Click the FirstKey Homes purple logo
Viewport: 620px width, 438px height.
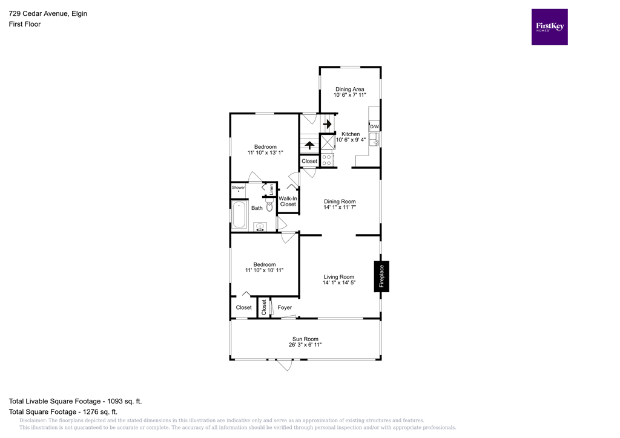pyautogui.click(x=549, y=27)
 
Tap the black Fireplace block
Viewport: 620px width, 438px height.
pyautogui.click(x=381, y=276)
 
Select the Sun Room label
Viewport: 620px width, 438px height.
pyautogui.click(x=305, y=339)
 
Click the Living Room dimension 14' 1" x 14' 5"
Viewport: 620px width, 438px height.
pyautogui.click(x=338, y=283)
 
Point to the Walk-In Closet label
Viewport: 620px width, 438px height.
pyautogui.click(x=288, y=201)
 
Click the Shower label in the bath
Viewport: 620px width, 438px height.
pyautogui.click(x=238, y=188)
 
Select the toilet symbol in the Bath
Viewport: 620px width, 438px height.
pyautogui.click(x=269, y=206)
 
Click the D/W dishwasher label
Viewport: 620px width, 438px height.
pyautogui.click(x=374, y=126)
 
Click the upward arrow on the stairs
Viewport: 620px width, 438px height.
pyautogui.click(x=309, y=145)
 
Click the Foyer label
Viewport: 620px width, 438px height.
pyautogui.click(x=285, y=307)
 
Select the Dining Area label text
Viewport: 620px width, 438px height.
pyautogui.click(x=349, y=89)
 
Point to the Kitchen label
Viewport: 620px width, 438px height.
pyautogui.click(x=351, y=134)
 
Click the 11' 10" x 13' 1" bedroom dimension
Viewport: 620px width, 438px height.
pyautogui.click(x=265, y=153)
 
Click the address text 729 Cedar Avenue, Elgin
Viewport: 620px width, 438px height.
pyautogui.click(x=48, y=13)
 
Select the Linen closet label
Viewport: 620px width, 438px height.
pyautogui.click(x=272, y=189)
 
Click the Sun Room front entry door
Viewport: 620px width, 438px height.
pyautogui.click(x=283, y=365)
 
